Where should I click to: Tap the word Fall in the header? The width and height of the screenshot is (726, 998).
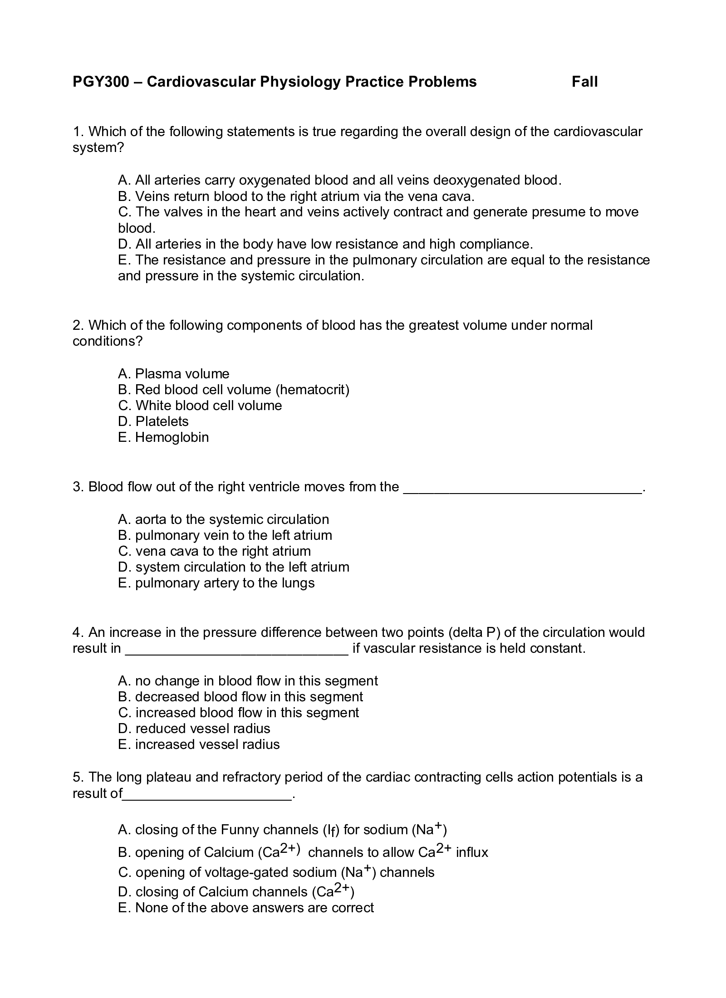584,82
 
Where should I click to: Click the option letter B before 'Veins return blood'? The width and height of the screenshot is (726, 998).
124,196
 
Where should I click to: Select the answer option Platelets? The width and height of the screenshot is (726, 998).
162,421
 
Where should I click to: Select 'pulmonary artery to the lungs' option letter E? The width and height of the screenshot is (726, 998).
123,583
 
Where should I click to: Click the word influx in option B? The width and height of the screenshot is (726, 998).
472,852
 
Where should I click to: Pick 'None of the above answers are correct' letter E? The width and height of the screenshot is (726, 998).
123,908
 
